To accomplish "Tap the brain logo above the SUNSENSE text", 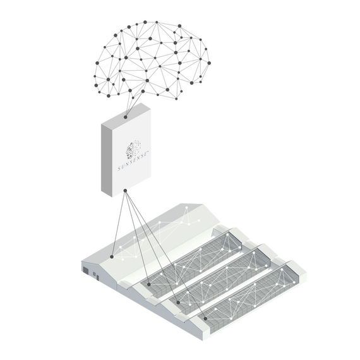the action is coord(133,149).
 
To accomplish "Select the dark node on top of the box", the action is coord(125,117).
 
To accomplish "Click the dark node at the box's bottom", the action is coord(125,191).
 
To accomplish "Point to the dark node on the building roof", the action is coord(112,256).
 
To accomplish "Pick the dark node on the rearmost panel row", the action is coord(149,284).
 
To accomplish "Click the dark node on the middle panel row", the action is coord(178,303).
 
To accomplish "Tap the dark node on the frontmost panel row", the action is coord(205,319).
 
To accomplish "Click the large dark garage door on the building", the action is coord(86,270).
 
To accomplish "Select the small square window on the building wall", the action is coord(94,273).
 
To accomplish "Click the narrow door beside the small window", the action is coord(97,277).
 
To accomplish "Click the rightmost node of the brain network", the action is coord(209,63).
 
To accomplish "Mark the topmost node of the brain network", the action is coord(145,22).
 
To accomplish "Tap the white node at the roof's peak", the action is coord(186,208).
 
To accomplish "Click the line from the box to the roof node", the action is coord(119,224).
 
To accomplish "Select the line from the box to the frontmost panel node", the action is coord(165,255).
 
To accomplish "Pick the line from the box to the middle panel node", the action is coord(152,246).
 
